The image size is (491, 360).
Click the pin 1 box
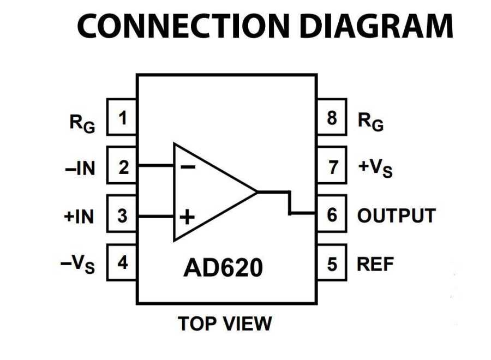pos(122,117)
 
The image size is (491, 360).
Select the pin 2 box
pos(122,166)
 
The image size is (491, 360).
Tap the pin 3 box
pos(122,215)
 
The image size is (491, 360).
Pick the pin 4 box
pos(122,263)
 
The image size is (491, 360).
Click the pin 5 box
pos(332,263)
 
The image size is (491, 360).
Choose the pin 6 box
pos(332,215)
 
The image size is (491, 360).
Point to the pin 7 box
pos(332,166)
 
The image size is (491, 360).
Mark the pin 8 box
pos(332,117)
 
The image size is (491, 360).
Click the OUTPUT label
pos(396,215)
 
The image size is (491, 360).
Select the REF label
pos(375,264)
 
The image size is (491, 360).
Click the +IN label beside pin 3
pos(79,217)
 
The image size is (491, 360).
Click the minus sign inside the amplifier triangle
pos(187,166)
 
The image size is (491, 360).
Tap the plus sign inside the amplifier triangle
pos(187,218)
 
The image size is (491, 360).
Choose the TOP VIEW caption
pos(225,323)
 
